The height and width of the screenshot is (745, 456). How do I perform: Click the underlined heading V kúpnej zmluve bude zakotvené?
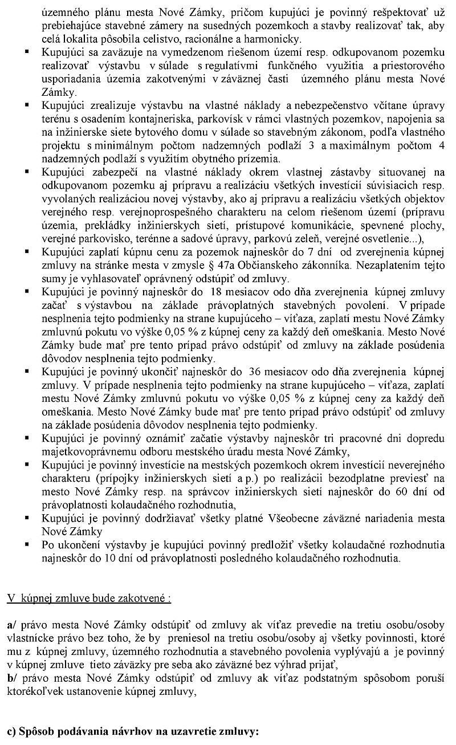pos(88,599)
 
